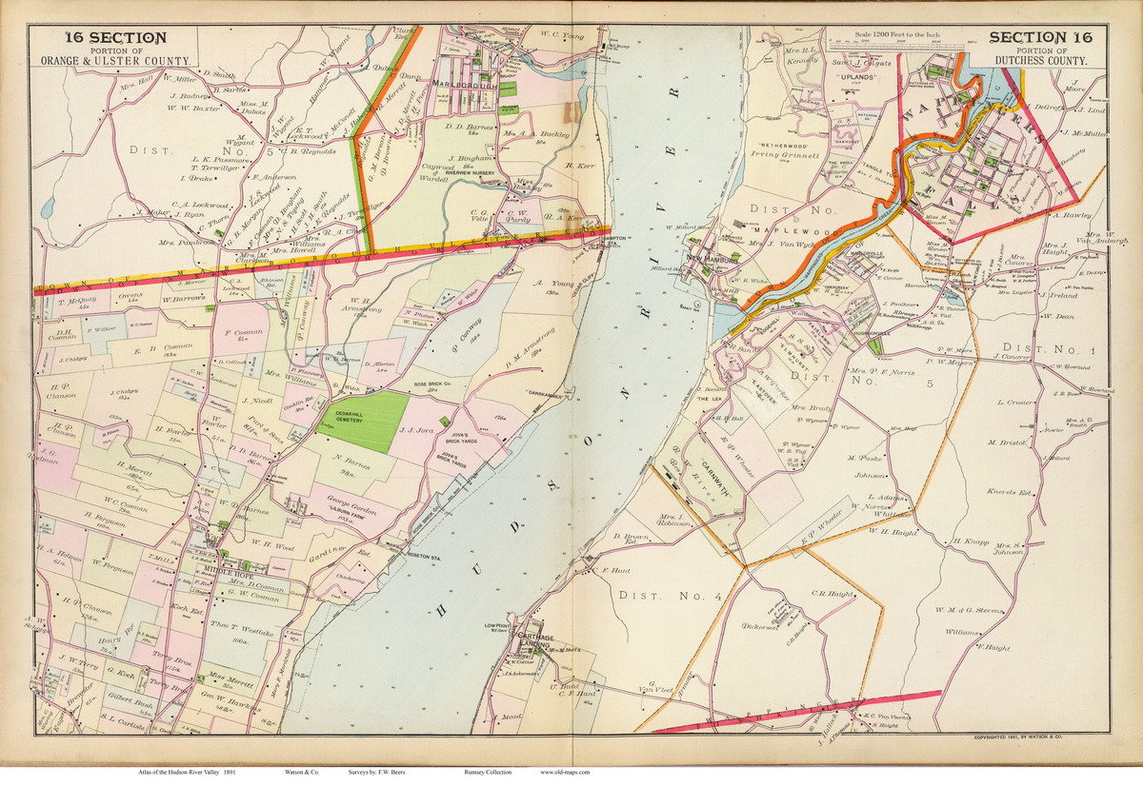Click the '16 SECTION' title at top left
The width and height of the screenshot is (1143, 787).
(115, 37)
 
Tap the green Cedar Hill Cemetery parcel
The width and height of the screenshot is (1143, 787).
(363, 422)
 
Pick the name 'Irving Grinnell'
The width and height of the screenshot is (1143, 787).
(787, 155)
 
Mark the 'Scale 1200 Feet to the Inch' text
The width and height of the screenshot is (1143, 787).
(884, 33)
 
